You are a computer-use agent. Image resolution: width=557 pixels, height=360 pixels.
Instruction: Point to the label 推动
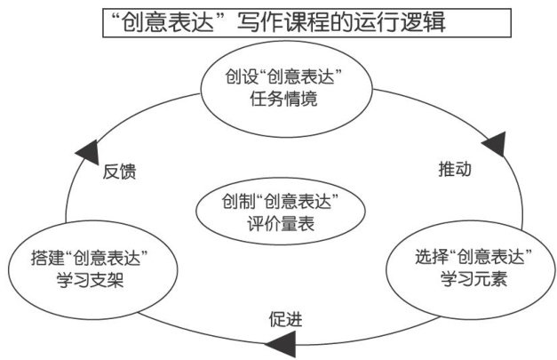click(x=454, y=169)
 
